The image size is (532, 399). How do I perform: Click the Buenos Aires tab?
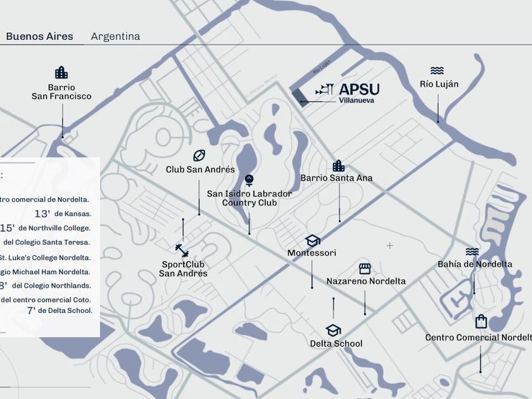pyautogui.click(x=39, y=37)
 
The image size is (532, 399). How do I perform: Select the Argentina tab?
pyautogui.click(x=115, y=37)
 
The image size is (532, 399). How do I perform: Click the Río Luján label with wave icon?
pyautogui.click(x=439, y=84)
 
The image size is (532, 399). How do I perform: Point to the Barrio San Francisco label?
pyautogui.click(x=61, y=92)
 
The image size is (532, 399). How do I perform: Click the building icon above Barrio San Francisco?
pyautogui.click(x=61, y=72)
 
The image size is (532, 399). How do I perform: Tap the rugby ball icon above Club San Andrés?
pyautogui.click(x=199, y=155)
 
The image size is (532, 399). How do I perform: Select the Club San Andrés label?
pyautogui.click(x=200, y=170)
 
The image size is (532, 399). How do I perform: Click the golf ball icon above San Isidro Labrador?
pyautogui.click(x=249, y=179)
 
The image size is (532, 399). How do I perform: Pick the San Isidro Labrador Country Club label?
pyautogui.click(x=250, y=198)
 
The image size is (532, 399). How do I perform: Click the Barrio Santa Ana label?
pyautogui.click(x=336, y=178)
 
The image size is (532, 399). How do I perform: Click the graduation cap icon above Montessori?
pyautogui.click(x=312, y=241)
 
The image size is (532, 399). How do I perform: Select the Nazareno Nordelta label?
pyautogui.click(x=366, y=281)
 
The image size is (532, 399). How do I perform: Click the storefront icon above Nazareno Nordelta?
pyautogui.click(x=365, y=269)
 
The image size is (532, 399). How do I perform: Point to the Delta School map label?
pyautogui.click(x=336, y=344)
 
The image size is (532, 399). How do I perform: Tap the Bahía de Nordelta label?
pyautogui.click(x=475, y=264)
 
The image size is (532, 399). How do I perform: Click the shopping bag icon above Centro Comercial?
pyautogui.click(x=481, y=322)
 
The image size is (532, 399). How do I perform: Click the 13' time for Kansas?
pyautogui.click(x=42, y=214)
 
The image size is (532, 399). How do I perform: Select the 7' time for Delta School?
pyautogui.click(x=31, y=310)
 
